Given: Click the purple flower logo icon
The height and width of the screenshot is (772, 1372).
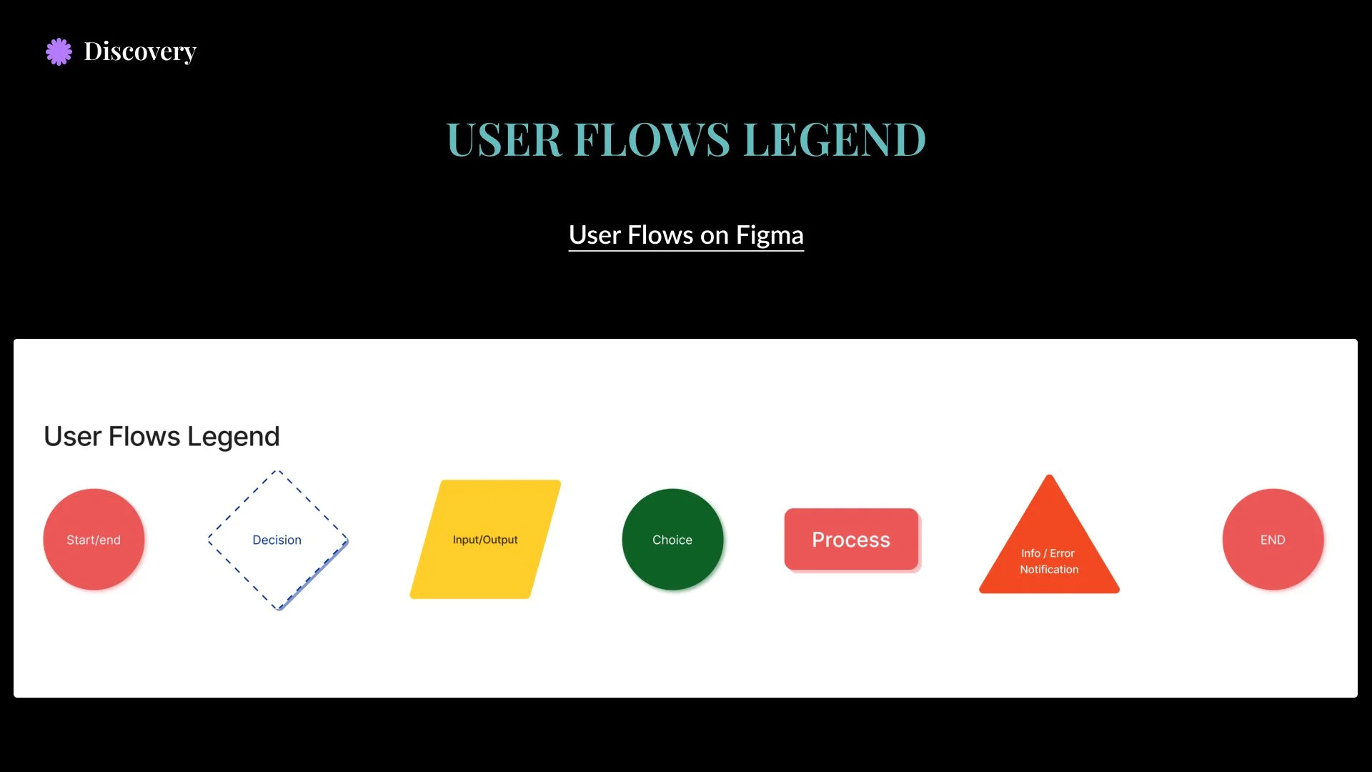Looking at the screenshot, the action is pos(59,51).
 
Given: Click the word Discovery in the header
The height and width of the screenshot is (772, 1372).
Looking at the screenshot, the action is pos(140,51).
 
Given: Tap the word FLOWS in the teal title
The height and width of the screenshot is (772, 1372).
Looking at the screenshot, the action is pos(652,139).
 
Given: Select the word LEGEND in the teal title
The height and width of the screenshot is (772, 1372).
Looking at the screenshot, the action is pos(834,139).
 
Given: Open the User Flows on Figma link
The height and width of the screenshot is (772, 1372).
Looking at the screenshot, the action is pos(686,235).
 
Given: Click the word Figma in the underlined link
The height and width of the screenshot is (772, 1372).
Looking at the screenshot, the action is pos(770,235).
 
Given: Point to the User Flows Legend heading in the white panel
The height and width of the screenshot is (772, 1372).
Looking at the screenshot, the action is pos(161,436).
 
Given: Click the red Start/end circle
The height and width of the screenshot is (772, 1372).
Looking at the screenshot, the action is pos(94,540).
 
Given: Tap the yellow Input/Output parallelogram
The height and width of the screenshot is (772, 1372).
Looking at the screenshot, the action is pos(485,540).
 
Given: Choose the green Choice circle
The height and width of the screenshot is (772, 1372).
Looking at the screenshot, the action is pos(672,540).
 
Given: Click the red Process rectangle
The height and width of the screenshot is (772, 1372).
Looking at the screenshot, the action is pos(851,540).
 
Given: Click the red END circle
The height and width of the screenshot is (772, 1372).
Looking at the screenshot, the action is pos(1273,540).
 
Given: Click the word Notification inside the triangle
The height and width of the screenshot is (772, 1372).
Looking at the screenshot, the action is pos(1049,570).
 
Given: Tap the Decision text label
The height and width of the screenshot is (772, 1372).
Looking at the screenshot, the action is pos(277,540).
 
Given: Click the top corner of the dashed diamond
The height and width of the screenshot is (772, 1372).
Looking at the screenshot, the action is pos(278,472).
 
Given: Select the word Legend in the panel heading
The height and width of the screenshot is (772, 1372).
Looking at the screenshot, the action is pos(233,436).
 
